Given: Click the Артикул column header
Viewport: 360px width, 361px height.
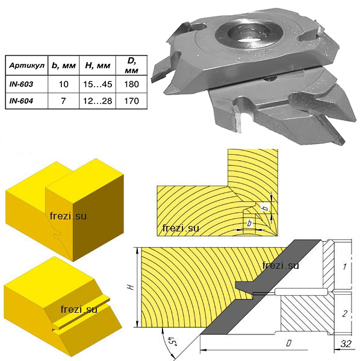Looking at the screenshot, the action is pos(26,66).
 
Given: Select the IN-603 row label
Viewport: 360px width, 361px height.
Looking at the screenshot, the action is pos(21,84).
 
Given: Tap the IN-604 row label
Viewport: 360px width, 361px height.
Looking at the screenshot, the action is pos(21,101).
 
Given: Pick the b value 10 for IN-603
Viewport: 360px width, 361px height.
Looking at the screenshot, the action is pos(63,84).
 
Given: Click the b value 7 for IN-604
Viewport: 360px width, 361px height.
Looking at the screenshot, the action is pos(63,101).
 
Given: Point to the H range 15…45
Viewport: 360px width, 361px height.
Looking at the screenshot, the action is pos(98,84).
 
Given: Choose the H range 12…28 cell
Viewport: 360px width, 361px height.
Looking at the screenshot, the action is pos(98,101).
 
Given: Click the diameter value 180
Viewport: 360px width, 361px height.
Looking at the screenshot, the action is pos(132,84).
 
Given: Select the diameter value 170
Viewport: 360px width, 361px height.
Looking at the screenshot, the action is pos(132,101).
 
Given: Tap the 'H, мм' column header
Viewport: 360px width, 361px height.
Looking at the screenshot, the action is pos(98,66).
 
